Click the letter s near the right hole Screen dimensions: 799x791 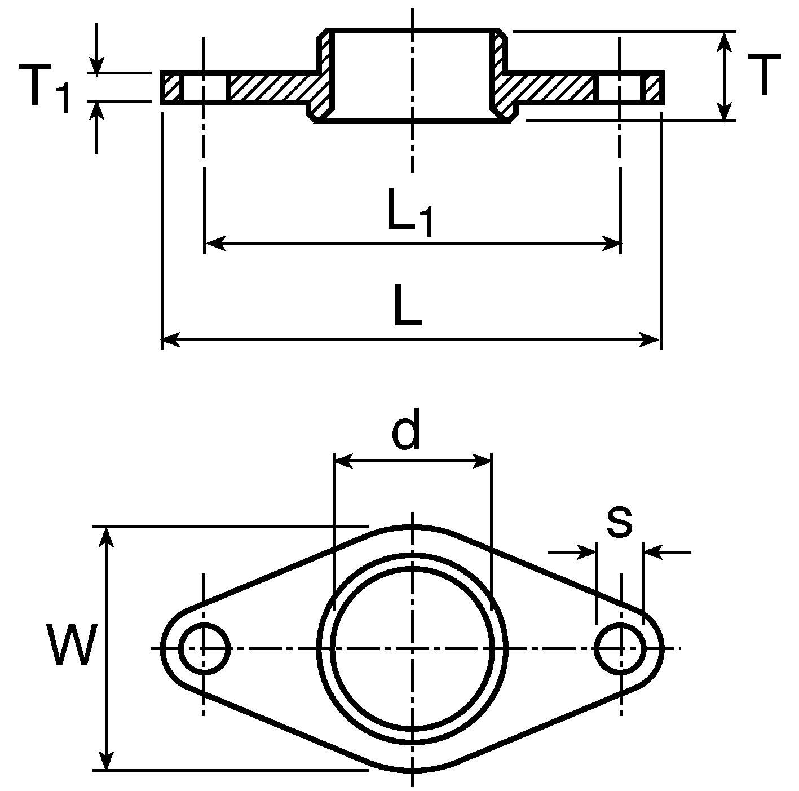619,521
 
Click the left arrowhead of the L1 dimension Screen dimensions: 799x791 215,244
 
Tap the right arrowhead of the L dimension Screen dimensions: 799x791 650,340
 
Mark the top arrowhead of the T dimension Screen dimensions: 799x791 724,42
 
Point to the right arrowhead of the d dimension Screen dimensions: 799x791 481,462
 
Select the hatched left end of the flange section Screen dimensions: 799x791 171,87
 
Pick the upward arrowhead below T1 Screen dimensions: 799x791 96,111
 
